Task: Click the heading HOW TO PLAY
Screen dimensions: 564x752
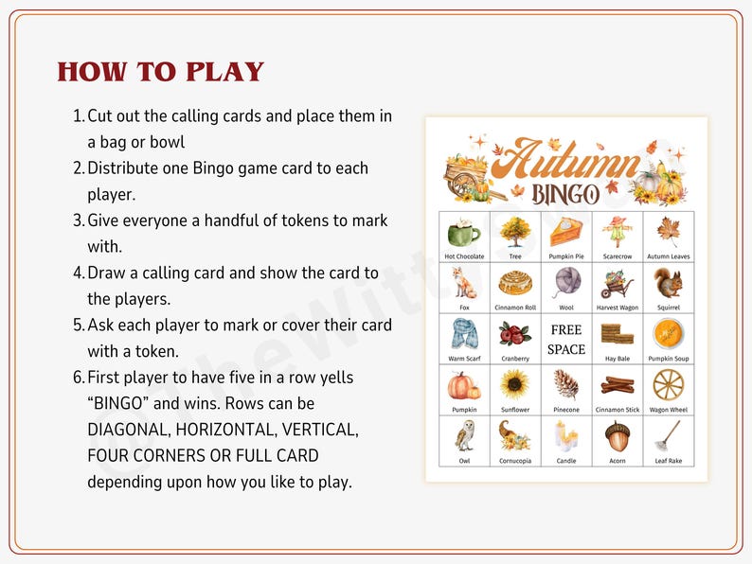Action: click(x=160, y=72)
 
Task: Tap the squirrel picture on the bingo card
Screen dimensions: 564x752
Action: click(x=668, y=282)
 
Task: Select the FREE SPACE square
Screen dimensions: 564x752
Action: click(x=566, y=340)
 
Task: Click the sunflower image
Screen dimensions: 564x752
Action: click(x=515, y=384)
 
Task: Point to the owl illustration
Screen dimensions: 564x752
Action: click(x=464, y=435)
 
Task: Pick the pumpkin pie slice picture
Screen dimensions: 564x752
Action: click(x=566, y=231)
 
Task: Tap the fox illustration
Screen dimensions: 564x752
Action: click(x=464, y=282)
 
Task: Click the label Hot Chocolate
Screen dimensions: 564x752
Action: click(x=464, y=256)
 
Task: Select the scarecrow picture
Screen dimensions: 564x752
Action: click(x=617, y=231)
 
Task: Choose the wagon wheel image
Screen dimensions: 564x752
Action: click(x=668, y=384)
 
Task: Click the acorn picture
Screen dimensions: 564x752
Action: click(x=617, y=435)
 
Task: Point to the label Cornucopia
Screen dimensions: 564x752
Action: click(x=515, y=461)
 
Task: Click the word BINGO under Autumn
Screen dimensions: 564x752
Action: click(x=565, y=195)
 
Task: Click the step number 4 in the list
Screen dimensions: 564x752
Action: click(x=79, y=273)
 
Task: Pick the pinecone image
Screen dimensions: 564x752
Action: click(x=566, y=384)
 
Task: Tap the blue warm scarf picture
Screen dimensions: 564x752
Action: click(x=464, y=333)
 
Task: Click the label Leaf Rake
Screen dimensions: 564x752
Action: click(x=668, y=461)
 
